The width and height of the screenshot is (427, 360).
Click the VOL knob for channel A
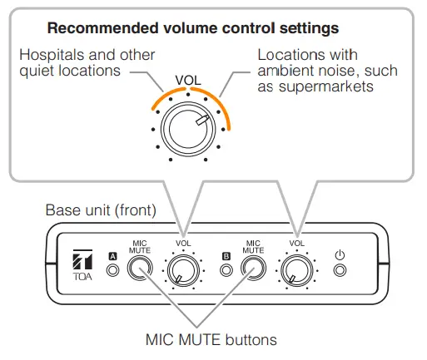(183, 270)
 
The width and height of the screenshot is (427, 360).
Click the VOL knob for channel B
(295, 270)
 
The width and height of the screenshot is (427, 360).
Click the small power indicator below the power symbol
(339, 270)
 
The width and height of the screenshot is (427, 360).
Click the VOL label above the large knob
(189, 81)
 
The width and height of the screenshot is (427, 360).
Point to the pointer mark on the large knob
(201, 120)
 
